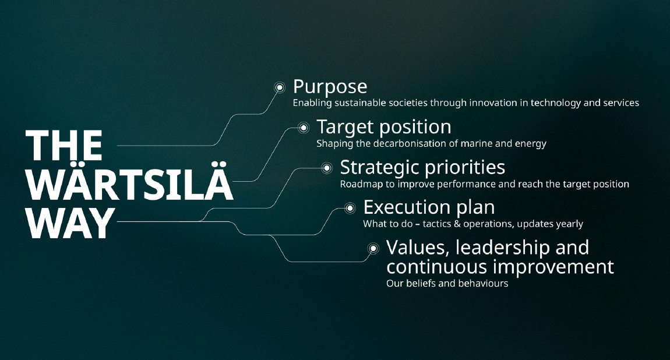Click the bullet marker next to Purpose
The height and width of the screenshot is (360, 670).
click(x=280, y=87)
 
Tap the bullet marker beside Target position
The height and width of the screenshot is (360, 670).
click(x=303, y=128)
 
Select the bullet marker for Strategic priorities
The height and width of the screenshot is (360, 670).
click(x=327, y=168)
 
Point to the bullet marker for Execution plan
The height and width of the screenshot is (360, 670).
click(x=350, y=208)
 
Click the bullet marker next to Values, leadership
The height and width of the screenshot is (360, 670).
click(x=373, y=249)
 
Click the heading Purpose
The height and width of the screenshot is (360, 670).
click(x=330, y=87)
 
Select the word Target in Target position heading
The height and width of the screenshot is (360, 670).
click(x=344, y=127)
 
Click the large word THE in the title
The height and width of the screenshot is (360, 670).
click(x=64, y=146)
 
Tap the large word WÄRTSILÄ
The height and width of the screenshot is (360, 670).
click(x=129, y=184)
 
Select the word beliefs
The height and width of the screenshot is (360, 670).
click(x=419, y=284)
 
